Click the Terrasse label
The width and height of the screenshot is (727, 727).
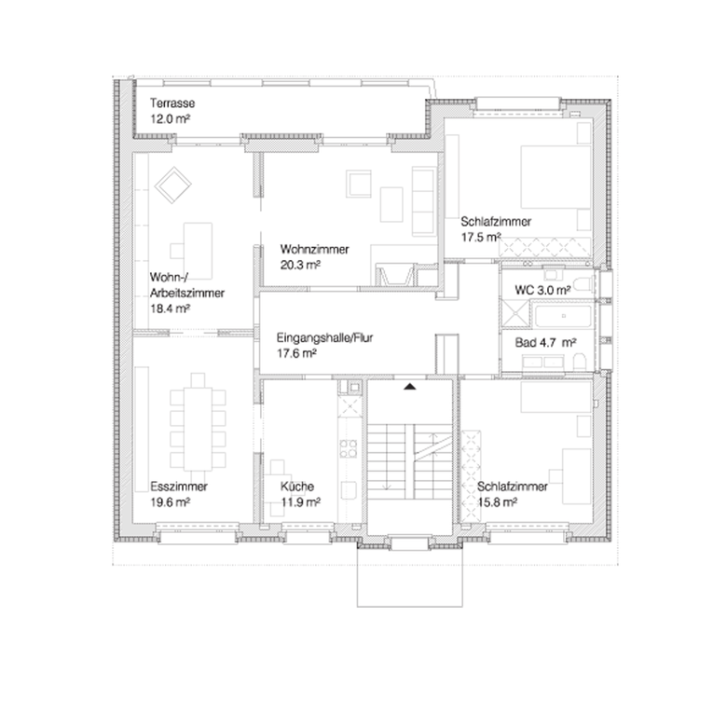tap(172, 103)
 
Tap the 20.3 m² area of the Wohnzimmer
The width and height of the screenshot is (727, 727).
tap(301, 266)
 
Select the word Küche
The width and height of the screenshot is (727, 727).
tap(297, 487)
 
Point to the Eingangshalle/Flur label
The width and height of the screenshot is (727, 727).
tap(324, 337)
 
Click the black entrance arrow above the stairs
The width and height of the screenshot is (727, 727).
tap(409, 386)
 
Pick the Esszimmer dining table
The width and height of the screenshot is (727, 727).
tap(198, 428)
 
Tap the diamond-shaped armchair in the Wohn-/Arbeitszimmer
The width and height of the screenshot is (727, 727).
tap(172, 185)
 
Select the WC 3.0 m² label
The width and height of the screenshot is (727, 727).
tap(542, 290)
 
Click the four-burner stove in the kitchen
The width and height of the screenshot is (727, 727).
tap(349, 448)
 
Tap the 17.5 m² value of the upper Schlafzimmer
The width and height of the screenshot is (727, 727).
tap(481, 238)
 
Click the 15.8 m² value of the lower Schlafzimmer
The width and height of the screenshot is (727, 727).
tap(497, 502)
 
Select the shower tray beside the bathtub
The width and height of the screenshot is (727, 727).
tap(515, 313)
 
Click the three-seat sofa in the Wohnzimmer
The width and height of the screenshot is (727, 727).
tap(423, 201)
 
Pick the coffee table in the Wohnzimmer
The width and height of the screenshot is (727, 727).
tap(391, 204)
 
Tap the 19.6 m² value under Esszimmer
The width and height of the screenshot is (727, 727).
tap(171, 502)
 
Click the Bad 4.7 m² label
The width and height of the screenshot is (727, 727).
tap(545, 343)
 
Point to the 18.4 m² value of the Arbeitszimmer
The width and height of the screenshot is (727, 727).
tap(171, 309)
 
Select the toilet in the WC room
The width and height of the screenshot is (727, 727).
tap(583, 282)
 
